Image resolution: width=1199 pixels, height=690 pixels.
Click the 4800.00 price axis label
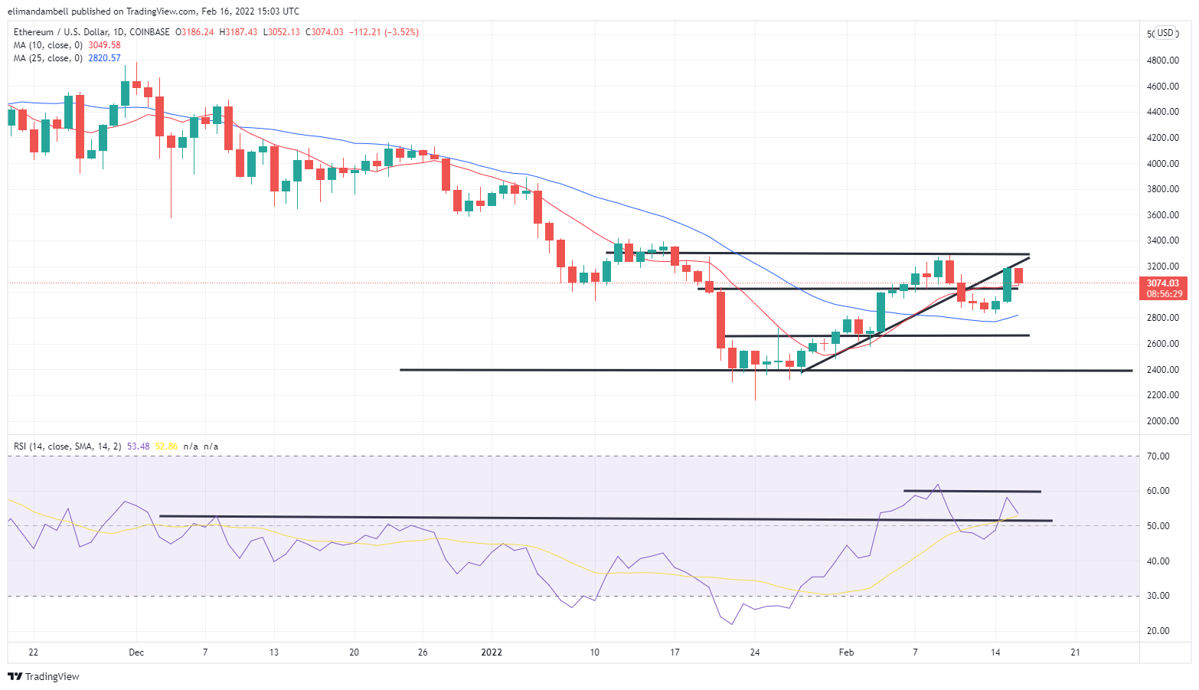pos(1161,60)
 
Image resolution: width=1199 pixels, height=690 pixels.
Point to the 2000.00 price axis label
pos(1161,421)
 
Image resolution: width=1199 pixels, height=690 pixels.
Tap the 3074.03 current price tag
pos(1162,283)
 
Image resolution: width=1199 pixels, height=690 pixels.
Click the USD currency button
pos(1165,33)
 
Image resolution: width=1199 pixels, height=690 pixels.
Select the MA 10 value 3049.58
pos(104,45)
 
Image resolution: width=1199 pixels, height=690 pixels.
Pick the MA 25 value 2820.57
pos(104,58)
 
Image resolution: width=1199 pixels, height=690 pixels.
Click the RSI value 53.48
pos(138,446)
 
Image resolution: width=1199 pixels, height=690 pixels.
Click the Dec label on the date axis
pos(136,652)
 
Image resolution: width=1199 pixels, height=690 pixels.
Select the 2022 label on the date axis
pos(491,652)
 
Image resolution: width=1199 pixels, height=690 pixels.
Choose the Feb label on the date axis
pos(846,652)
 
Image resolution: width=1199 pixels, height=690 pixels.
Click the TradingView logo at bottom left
pos(44,676)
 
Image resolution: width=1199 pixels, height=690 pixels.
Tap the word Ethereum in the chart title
pos(34,32)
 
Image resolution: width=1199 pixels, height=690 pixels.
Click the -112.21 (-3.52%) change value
pos(384,32)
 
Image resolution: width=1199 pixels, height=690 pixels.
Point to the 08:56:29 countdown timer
pos(1164,294)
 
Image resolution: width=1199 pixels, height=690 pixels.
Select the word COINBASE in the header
pos(149,32)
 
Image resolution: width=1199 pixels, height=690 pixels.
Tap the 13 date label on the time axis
pos(274,652)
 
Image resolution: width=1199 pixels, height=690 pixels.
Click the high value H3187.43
pos(238,32)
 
